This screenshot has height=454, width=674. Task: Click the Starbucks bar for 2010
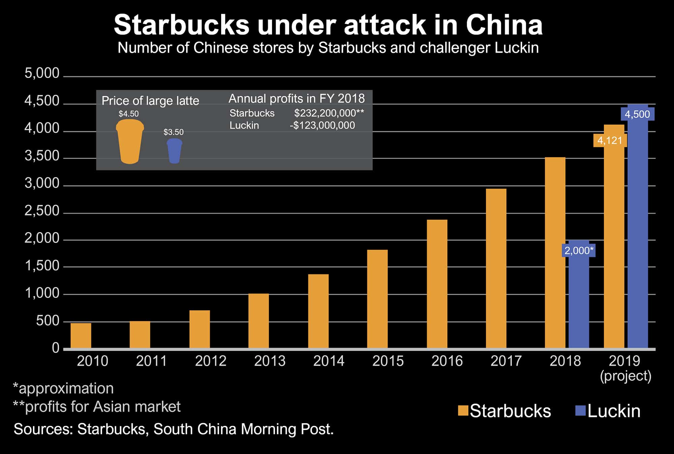[x=81, y=335]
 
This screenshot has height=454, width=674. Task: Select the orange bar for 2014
[x=318, y=311]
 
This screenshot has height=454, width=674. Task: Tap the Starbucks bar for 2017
[x=496, y=268]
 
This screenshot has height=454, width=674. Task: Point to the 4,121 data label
[x=610, y=140]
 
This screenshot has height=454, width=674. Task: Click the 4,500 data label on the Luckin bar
[x=637, y=114]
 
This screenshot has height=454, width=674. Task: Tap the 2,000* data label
[x=579, y=250]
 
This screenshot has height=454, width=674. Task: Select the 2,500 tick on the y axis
[x=42, y=211]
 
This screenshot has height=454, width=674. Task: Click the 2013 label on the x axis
[x=270, y=361]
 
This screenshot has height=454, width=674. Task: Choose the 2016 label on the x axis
[x=447, y=361]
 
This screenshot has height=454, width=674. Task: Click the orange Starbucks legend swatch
[x=463, y=410]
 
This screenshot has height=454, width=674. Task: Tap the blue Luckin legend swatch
[x=581, y=410]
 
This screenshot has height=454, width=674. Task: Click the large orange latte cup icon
[x=130, y=142]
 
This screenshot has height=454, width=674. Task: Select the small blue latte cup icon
[x=174, y=151]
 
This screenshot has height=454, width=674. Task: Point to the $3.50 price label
[x=174, y=132]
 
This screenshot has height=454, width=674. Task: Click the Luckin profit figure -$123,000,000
[x=322, y=125]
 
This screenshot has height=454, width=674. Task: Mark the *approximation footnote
[x=63, y=389]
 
